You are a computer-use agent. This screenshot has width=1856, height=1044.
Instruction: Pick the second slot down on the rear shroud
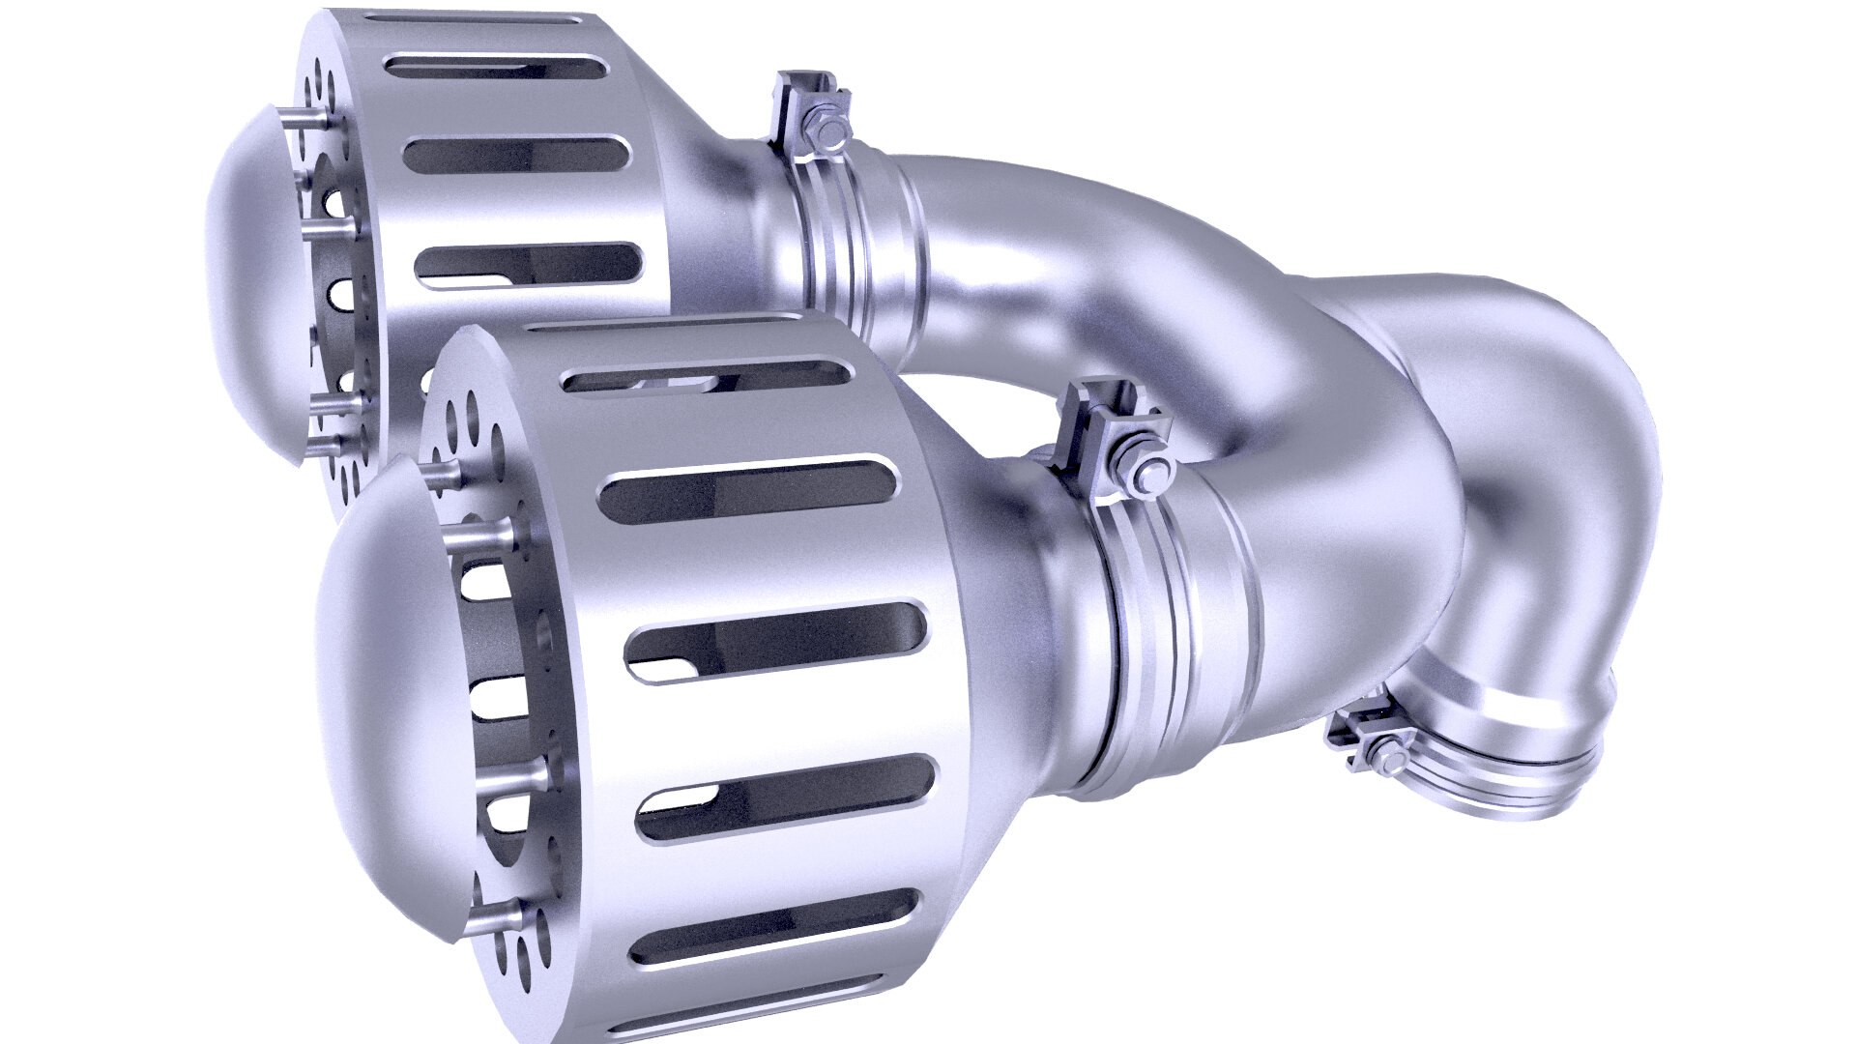517,155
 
